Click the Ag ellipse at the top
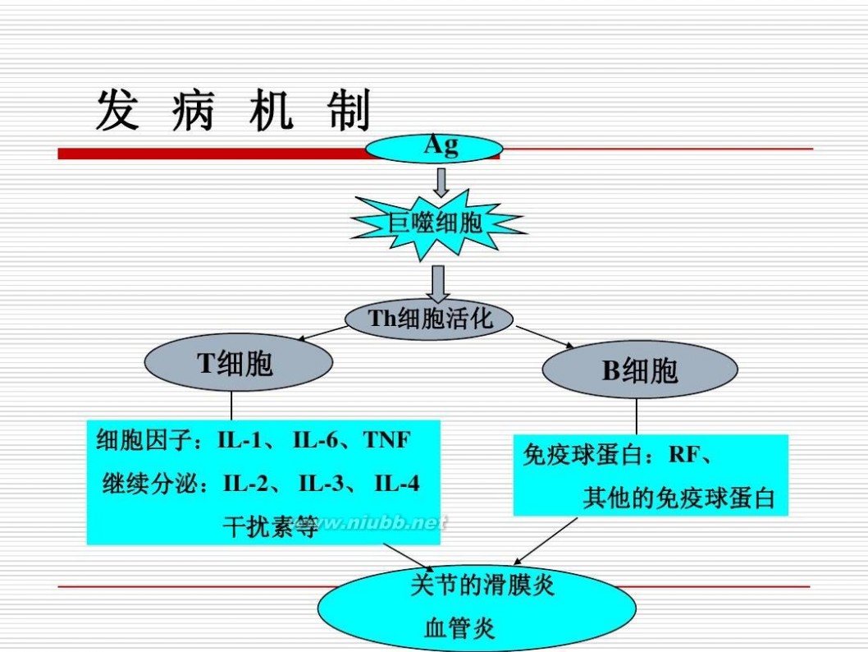tap(434, 149)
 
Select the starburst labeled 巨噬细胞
tap(437, 224)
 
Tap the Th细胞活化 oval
tap(429, 319)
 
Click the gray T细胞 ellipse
tap(239, 362)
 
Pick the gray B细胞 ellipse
tap(640, 370)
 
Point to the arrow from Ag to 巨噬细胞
tap(441, 183)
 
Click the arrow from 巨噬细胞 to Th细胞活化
tap(438, 283)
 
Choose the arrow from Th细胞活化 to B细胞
tap(546, 337)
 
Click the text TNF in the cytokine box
tap(387, 440)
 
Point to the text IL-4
tap(397, 484)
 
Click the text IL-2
tap(246, 484)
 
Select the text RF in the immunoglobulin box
tap(684, 455)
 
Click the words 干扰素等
tap(271, 526)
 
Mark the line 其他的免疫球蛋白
tap(678, 498)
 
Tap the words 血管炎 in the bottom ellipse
tap(459, 628)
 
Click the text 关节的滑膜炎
tap(482, 585)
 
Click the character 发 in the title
tap(117, 110)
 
